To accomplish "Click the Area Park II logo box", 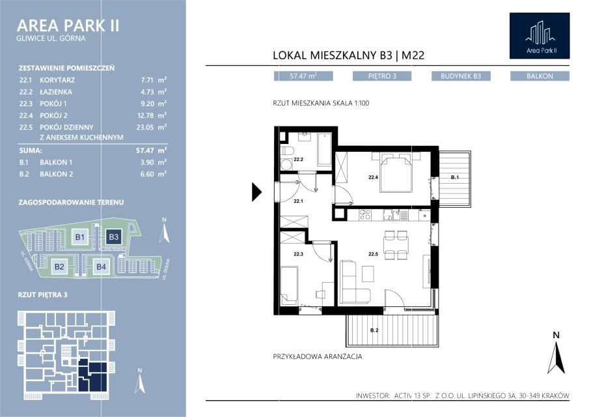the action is click(x=540, y=36).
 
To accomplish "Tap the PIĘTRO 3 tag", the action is click(x=382, y=76).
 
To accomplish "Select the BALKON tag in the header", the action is click(x=540, y=76).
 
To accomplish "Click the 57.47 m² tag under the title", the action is click(x=303, y=76).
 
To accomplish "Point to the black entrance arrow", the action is click(x=256, y=192).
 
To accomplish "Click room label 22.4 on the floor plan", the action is click(x=373, y=177).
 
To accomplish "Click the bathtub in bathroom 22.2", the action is click(x=325, y=149).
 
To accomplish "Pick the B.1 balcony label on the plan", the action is click(x=454, y=177).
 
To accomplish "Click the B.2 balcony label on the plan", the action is click(x=374, y=330).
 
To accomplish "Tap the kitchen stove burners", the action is click(x=364, y=215).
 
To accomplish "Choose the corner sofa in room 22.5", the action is click(x=354, y=281).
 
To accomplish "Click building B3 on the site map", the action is click(x=113, y=237).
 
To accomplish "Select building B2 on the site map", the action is click(x=59, y=266).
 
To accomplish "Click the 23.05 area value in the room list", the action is click(x=145, y=128).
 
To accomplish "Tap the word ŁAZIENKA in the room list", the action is click(x=56, y=92).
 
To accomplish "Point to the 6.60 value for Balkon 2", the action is click(x=147, y=174).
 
